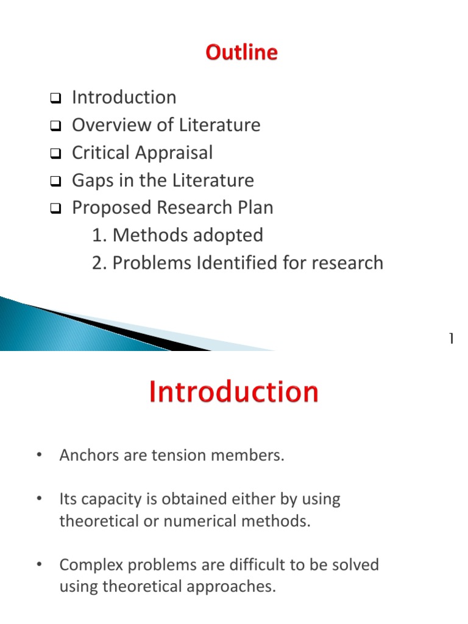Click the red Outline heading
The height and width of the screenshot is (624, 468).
241,52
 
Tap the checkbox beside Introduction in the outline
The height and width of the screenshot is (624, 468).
55,98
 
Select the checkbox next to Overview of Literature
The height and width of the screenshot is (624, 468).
55,126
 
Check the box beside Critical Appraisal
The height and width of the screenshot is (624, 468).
55,153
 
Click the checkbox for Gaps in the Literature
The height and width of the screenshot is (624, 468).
55,181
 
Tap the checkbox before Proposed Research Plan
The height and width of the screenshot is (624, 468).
55,208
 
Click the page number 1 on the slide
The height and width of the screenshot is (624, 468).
452,338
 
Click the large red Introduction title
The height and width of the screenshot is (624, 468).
233,392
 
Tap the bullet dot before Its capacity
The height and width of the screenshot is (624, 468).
39,498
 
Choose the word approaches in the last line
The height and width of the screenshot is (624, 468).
231,587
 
